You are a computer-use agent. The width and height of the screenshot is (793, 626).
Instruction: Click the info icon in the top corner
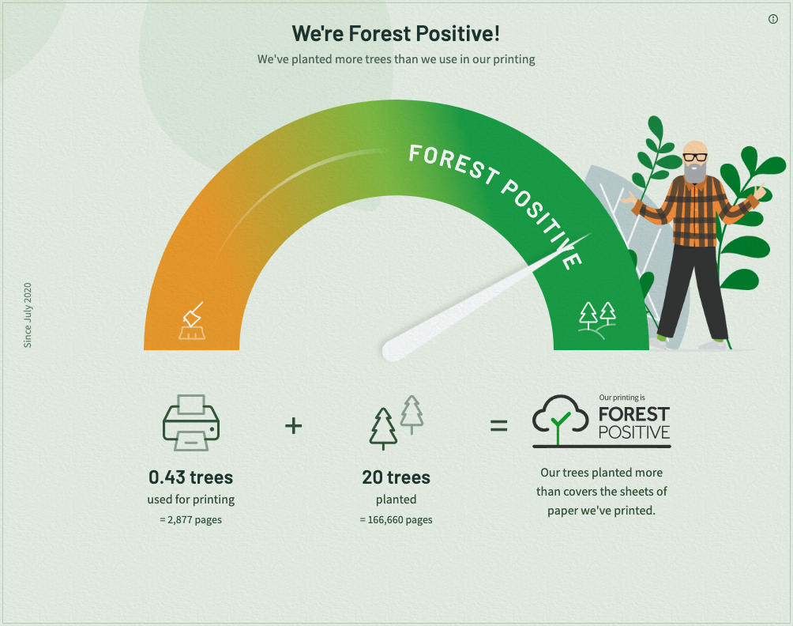(x=772, y=19)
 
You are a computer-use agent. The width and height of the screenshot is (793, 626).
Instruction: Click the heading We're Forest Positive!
(x=396, y=34)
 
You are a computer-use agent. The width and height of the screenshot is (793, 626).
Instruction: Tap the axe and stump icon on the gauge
(x=192, y=321)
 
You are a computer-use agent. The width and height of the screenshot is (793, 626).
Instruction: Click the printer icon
(x=190, y=423)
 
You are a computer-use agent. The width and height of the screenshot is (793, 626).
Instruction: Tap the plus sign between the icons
(x=293, y=425)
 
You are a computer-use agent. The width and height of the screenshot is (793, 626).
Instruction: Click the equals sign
(x=498, y=425)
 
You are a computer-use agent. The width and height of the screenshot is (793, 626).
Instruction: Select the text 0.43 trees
(x=190, y=477)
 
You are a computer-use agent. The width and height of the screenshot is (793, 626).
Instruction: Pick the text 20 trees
(x=396, y=477)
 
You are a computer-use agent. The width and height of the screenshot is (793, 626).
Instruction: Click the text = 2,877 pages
(x=190, y=520)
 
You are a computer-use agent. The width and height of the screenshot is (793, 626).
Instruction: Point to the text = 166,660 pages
(x=396, y=520)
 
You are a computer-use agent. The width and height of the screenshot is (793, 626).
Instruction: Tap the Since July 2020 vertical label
(x=28, y=315)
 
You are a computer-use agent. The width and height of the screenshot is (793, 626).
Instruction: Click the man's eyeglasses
(x=695, y=156)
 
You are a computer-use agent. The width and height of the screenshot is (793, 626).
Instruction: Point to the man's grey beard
(x=695, y=172)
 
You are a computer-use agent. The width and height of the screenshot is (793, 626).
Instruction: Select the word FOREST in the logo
(x=634, y=414)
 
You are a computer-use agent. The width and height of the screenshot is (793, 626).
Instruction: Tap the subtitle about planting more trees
(x=396, y=59)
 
